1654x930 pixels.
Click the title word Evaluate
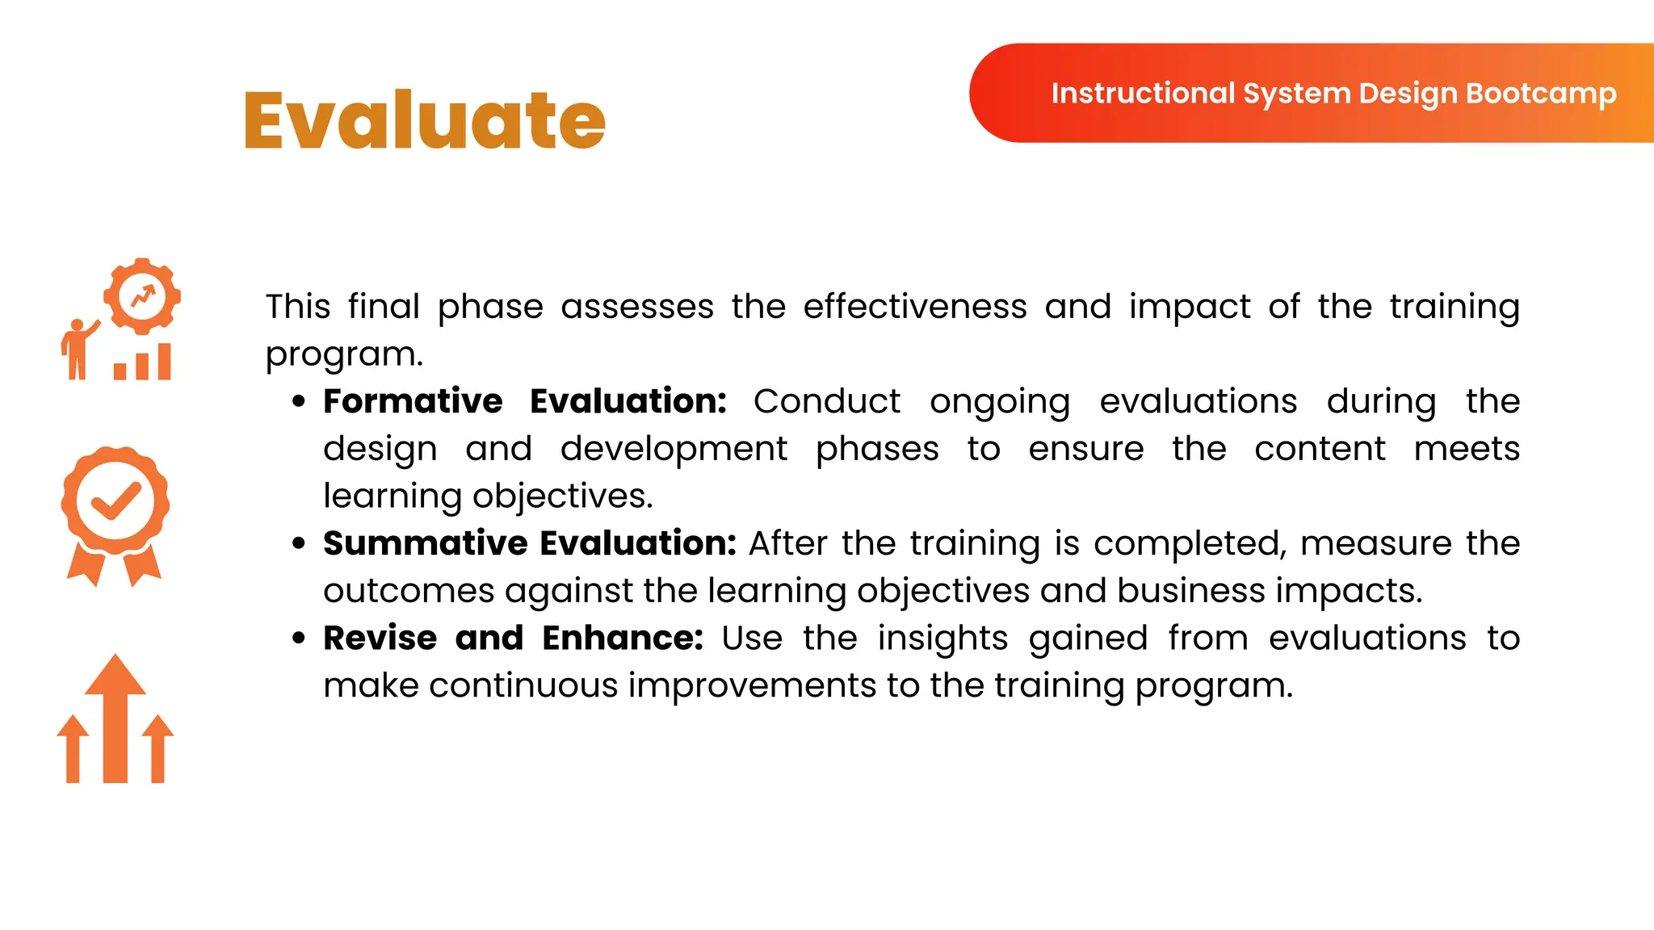(x=424, y=121)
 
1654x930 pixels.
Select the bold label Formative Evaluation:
(x=525, y=401)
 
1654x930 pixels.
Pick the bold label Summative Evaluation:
(x=529, y=543)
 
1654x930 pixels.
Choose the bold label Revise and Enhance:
(x=513, y=638)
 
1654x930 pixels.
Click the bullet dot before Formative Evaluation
(x=300, y=401)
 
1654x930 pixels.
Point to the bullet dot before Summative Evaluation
(x=300, y=543)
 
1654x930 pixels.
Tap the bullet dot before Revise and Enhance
(x=300, y=638)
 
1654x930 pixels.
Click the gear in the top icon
(x=143, y=296)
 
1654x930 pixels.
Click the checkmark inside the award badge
(x=116, y=501)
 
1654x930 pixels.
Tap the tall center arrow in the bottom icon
(x=115, y=718)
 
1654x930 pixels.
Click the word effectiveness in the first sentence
(x=915, y=307)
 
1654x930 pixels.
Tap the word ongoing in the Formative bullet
(x=1000, y=402)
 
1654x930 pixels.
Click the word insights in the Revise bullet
(x=942, y=639)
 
